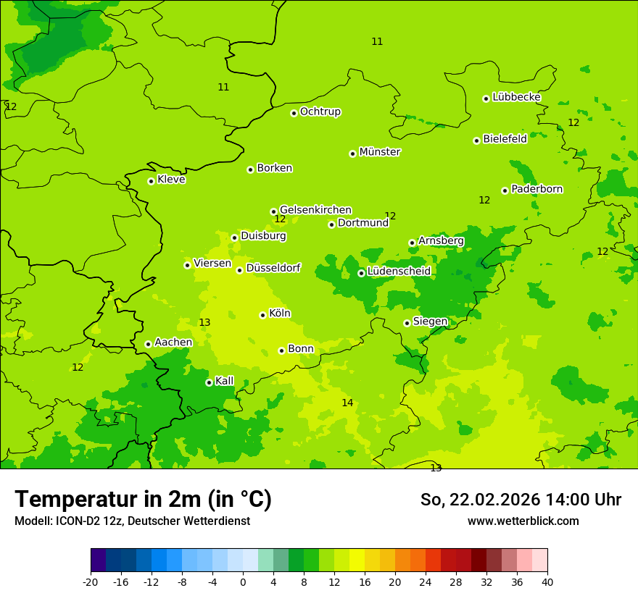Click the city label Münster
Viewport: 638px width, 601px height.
[x=380, y=152]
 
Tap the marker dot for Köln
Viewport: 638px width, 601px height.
[x=262, y=315]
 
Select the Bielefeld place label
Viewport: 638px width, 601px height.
[x=505, y=139]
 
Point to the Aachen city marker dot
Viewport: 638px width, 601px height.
[x=148, y=344]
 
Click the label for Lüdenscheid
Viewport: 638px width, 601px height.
[x=399, y=272]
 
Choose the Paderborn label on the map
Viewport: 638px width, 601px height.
[x=537, y=189]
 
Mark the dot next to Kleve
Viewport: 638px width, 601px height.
[x=151, y=181]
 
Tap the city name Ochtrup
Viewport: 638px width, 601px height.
[x=320, y=112]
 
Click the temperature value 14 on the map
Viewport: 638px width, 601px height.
[x=348, y=403]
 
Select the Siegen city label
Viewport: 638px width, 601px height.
[x=430, y=321]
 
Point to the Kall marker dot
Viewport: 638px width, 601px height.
[x=209, y=382]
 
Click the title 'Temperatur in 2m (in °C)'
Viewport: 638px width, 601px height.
[x=143, y=500]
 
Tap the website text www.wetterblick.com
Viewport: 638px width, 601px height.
[x=523, y=521]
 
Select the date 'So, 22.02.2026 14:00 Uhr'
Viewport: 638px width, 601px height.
[x=521, y=500]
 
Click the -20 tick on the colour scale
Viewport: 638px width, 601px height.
[x=91, y=582]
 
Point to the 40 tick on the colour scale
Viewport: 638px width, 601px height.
[x=547, y=582]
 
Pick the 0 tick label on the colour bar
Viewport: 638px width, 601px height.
[x=243, y=582]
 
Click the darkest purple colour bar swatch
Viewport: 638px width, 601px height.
[x=98, y=560]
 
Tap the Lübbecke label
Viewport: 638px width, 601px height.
[x=517, y=97]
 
